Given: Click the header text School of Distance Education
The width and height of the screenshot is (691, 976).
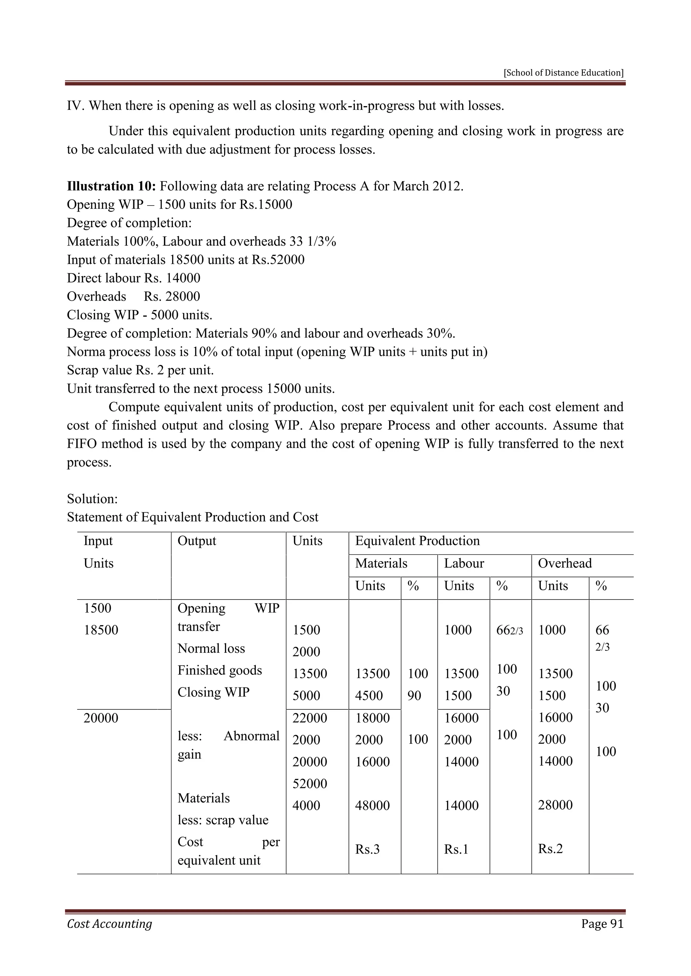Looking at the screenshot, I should pos(563,73).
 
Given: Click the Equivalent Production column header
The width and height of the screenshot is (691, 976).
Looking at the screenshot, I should pos(417,541).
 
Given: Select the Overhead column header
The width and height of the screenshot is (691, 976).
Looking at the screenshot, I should pos(564,563).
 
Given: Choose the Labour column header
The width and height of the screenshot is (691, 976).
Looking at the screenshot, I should pos(464,563).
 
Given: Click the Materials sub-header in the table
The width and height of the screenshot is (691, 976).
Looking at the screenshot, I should pos(381,563).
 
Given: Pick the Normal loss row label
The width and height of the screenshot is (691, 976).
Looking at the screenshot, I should pos(211,648).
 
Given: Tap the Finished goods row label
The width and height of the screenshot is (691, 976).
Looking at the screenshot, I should pos(220,670).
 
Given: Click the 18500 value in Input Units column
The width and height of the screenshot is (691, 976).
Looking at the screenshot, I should pos(101,630).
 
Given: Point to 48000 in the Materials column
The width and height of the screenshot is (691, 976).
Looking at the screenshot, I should pos(372,805).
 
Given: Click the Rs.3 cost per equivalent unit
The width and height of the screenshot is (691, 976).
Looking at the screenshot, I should pos(367,849).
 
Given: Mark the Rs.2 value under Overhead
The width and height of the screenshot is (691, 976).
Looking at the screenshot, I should pos(550,849).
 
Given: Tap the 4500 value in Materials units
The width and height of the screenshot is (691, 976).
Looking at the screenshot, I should pos(369,696).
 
